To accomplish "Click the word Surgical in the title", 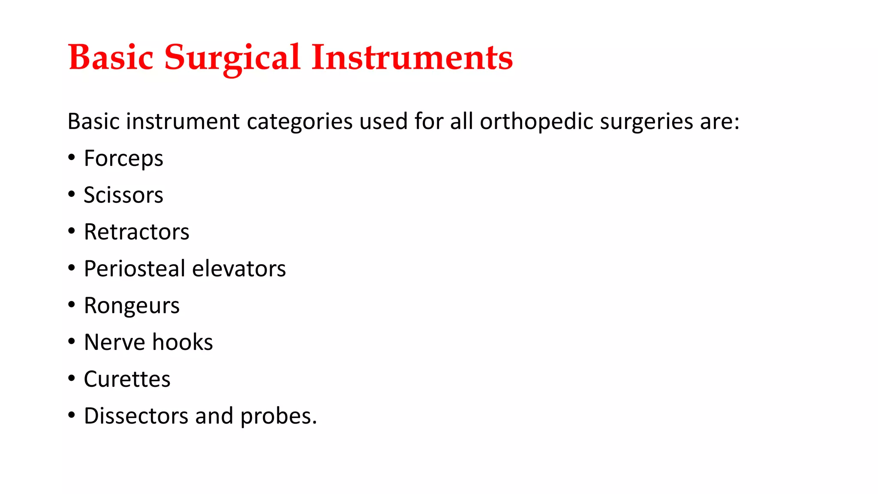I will pyautogui.click(x=232, y=58).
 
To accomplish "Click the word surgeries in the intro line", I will pyautogui.click(x=646, y=122).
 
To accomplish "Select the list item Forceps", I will pyautogui.click(x=123, y=159).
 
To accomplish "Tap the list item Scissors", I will pyautogui.click(x=123, y=195).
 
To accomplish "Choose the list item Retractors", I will pyautogui.click(x=136, y=232).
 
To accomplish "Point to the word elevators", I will pyautogui.click(x=239, y=269).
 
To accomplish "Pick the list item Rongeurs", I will pyautogui.click(x=132, y=306).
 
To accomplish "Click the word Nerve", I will pyautogui.click(x=114, y=342).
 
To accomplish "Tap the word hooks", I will pyautogui.click(x=182, y=342).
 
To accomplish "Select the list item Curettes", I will pyautogui.click(x=127, y=379).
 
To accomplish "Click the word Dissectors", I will pyautogui.click(x=136, y=416).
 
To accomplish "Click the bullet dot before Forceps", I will pyautogui.click(x=72, y=157).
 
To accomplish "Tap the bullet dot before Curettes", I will pyautogui.click(x=72, y=378).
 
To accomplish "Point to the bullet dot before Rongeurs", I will pyautogui.click(x=72, y=304).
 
